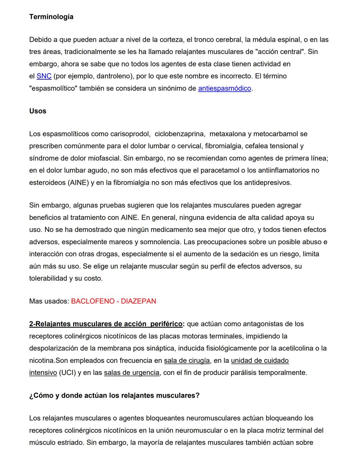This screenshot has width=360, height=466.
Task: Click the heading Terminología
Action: tap(51, 17)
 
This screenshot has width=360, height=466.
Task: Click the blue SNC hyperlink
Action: tap(44, 76)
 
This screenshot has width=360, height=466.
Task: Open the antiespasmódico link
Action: tap(224, 88)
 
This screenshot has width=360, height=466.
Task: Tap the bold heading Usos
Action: tap(38, 111)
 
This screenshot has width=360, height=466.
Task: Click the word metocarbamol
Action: tap(276, 134)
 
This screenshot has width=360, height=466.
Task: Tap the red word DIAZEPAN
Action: tap(138, 301)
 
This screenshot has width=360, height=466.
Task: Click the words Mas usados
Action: tap(49, 301)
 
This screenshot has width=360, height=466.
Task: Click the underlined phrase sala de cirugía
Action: tap(187, 361)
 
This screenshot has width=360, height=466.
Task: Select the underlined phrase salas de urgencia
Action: tap(131, 373)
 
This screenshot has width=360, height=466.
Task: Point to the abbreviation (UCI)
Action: tap(67, 373)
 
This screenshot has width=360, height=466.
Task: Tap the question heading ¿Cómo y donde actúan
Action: tap(114, 396)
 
